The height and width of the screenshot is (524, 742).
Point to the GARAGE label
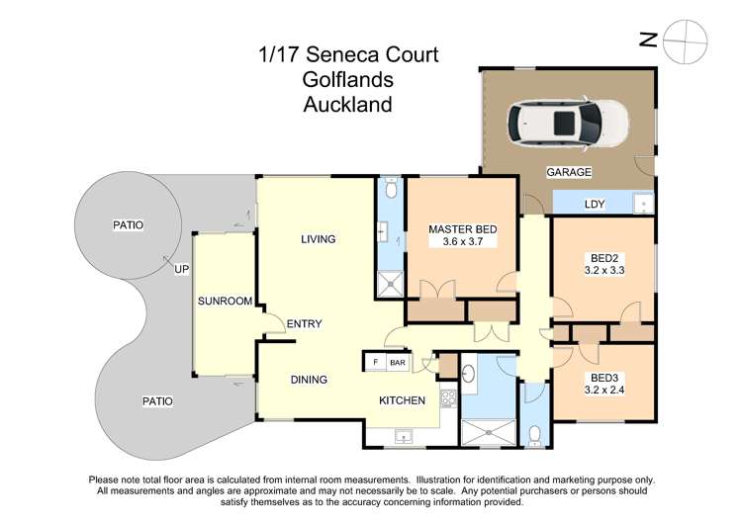click(569, 172)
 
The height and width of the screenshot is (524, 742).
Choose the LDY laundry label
click(595, 204)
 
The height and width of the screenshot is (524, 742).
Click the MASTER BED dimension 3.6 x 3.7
click(462, 241)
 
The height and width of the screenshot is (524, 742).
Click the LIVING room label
click(319, 239)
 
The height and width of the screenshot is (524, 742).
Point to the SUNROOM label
click(225, 301)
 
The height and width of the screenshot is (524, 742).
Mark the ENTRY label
click(303, 324)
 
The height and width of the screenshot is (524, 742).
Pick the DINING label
click(309, 379)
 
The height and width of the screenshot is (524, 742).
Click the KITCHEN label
click(403, 400)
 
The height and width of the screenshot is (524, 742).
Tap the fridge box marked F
click(375, 363)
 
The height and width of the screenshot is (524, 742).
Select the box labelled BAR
click(397, 363)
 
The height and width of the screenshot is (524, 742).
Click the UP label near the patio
click(181, 269)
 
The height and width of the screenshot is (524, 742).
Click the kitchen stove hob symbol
click(446, 400)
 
